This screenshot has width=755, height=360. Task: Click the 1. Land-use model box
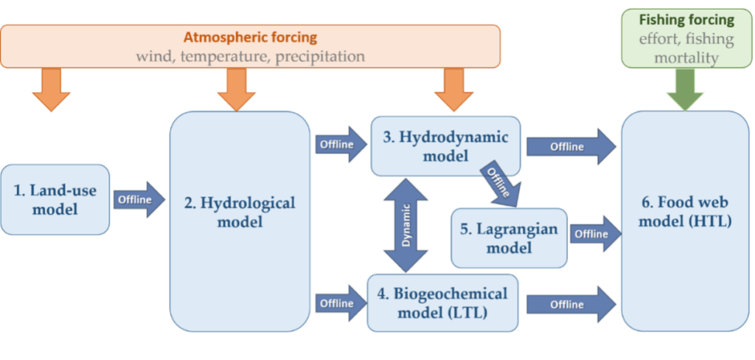tap(55, 200)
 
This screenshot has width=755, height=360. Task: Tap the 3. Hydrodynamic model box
tap(445, 146)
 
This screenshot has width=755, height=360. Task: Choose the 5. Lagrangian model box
tap(509, 238)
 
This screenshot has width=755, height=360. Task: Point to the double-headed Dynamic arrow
tap(406, 226)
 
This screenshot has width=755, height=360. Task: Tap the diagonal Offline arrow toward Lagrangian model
tap(501, 184)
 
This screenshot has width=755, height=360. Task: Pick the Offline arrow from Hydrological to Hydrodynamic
tap(340, 145)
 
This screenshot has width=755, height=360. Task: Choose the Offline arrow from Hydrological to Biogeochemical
tap(340, 303)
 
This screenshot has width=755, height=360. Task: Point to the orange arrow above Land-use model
tap(52, 90)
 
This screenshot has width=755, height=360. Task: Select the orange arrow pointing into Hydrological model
tap(236, 90)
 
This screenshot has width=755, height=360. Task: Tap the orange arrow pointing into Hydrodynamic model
tap(454, 90)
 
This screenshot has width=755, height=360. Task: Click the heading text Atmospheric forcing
tap(251, 38)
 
